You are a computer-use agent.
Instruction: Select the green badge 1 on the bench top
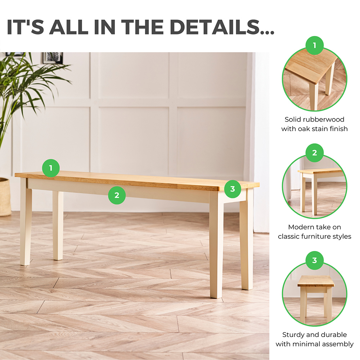click(x=51, y=168)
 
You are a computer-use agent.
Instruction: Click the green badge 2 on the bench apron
click(x=117, y=195)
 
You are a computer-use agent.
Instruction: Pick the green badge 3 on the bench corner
click(x=233, y=189)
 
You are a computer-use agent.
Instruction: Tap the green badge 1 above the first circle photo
click(x=315, y=45)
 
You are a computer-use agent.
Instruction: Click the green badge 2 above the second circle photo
click(x=315, y=153)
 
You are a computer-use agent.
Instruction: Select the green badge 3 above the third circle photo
click(x=315, y=260)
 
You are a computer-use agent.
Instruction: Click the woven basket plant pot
click(x=5, y=197)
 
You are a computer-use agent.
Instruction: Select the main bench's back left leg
click(x=58, y=225)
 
